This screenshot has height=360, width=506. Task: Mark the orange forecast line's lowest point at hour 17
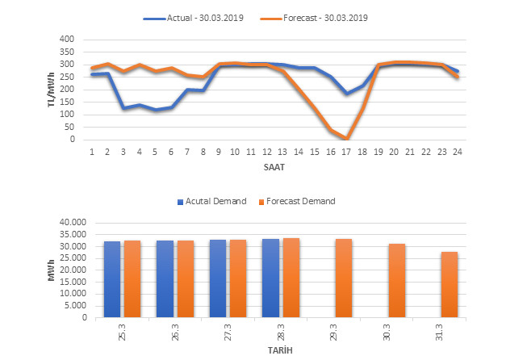click(x=346, y=138)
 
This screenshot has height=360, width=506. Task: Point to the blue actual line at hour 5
click(x=155, y=110)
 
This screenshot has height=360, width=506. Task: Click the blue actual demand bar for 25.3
click(x=112, y=279)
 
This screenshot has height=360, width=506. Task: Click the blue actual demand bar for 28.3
click(x=270, y=278)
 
